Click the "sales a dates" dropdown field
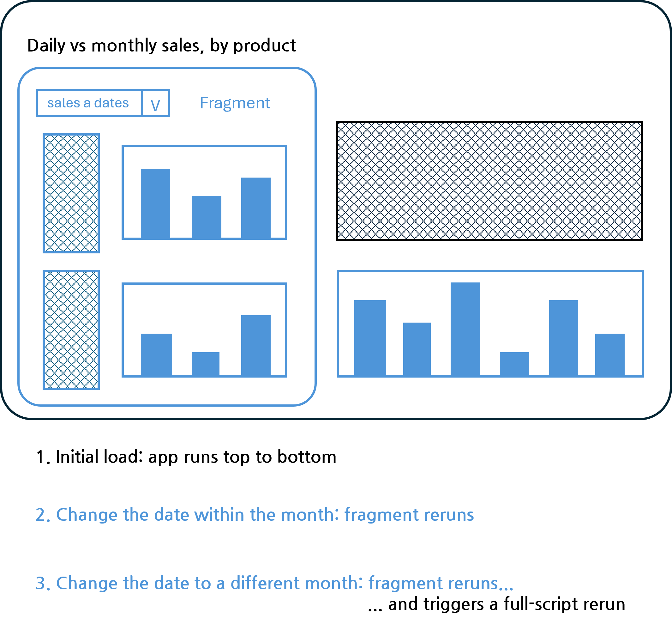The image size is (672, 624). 89,103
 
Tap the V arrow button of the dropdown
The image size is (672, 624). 156,103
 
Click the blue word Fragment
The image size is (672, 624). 235,103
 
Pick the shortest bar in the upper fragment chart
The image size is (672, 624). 207,217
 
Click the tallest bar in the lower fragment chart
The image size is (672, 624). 256,345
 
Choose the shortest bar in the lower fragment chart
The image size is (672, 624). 206,364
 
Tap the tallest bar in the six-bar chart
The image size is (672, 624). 465,329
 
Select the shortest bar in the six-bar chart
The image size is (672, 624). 514,364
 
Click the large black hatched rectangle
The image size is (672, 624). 489,181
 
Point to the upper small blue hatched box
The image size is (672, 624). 71,193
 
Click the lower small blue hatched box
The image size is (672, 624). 71,330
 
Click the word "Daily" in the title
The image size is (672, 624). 46,45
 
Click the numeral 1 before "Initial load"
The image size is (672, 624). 40,457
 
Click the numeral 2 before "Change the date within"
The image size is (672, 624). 40,515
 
